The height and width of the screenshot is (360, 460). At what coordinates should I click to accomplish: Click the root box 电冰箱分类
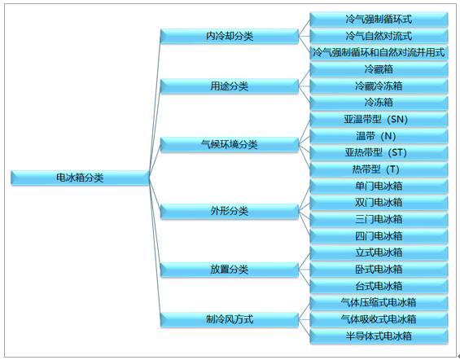click(80, 178)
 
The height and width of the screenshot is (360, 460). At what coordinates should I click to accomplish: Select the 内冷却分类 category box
click(230, 37)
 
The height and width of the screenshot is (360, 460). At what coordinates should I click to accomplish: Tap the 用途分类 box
click(230, 86)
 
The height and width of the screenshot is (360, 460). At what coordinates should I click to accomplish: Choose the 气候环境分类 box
click(230, 145)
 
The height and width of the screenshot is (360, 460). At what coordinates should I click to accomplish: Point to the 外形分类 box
click(230, 211)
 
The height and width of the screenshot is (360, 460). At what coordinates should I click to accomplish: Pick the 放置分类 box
click(230, 270)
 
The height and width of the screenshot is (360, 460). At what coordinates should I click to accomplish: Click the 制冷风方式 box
click(230, 319)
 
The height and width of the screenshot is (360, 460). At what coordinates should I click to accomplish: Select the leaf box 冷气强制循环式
click(379, 20)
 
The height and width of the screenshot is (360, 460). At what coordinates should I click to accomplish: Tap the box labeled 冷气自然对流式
click(379, 37)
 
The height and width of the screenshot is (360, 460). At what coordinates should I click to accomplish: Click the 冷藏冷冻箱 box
click(379, 86)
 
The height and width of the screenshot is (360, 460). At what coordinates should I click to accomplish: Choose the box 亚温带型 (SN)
click(379, 120)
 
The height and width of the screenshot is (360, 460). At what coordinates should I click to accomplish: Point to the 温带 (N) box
click(379, 137)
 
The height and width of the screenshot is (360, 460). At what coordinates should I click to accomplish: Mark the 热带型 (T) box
click(379, 169)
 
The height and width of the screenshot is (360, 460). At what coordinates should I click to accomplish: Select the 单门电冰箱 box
click(379, 187)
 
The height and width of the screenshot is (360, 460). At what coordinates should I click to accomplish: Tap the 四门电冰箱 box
click(379, 236)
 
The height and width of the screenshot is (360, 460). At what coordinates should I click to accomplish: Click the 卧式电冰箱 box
click(379, 270)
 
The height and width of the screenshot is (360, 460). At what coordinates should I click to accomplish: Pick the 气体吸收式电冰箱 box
click(379, 319)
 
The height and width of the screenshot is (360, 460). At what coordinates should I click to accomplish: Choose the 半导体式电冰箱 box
click(379, 336)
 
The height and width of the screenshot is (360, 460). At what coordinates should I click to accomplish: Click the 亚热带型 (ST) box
click(379, 153)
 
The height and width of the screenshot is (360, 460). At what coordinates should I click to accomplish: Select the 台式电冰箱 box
click(379, 287)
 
